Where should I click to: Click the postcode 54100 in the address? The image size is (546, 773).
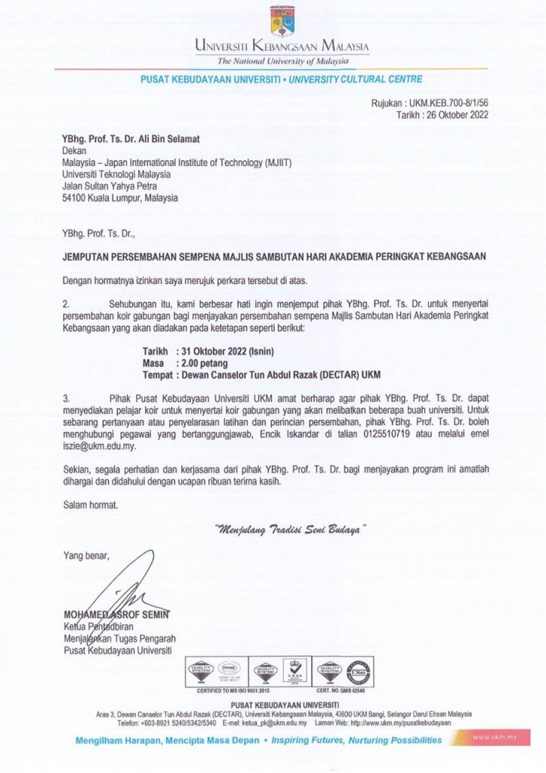(76, 198)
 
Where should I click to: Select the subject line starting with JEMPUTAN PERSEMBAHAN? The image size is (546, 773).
(273, 256)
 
